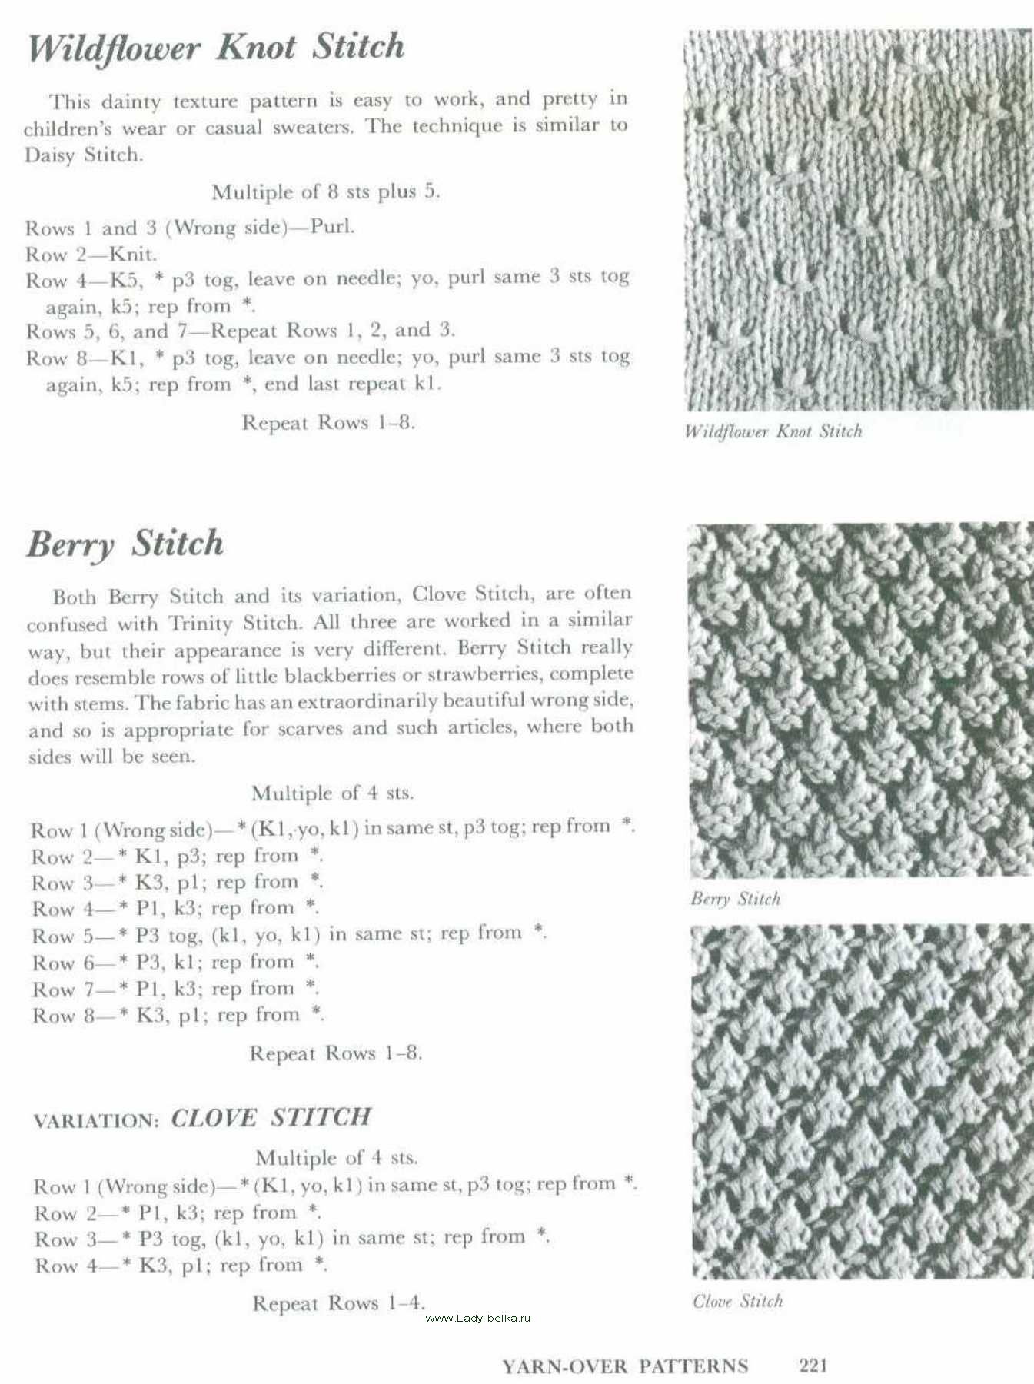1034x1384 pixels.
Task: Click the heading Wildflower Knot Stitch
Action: [x=216, y=48]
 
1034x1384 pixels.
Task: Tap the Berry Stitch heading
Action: [x=125, y=544]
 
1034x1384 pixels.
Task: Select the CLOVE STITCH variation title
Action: [x=271, y=1117]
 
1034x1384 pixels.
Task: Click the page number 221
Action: [x=813, y=1365]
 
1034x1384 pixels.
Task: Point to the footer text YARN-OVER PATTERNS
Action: [x=625, y=1366]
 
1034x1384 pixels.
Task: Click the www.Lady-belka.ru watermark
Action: [x=477, y=1318]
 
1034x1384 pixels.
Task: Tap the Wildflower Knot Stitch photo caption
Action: [x=773, y=431]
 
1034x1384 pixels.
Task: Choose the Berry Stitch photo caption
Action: [x=735, y=899]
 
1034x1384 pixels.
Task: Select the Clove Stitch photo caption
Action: [x=737, y=1301]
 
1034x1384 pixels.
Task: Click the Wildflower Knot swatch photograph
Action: [x=859, y=220]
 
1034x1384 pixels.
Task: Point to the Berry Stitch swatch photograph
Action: [x=861, y=700]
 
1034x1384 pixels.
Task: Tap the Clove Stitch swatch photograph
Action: [x=861, y=1101]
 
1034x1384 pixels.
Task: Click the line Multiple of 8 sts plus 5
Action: [x=325, y=191]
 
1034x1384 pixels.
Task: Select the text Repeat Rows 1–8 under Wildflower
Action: [x=328, y=422]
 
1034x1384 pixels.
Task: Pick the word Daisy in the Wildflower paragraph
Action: [x=51, y=155]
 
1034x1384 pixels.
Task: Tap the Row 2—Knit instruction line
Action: [x=91, y=254]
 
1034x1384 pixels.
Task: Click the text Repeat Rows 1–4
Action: [x=338, y=1302]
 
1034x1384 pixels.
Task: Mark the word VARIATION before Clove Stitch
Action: [x=95, y=1120]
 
